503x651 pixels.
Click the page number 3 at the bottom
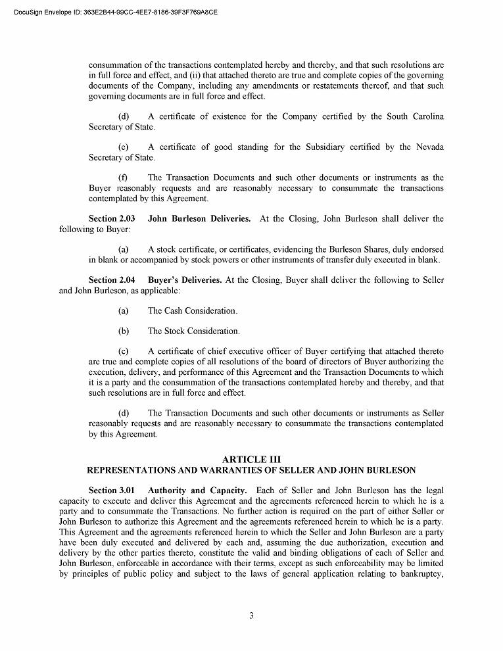click(251, 615)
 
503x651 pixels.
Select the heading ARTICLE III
click(251, 459)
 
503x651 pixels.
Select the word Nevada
click(429, 147)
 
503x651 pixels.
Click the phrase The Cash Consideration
click(193, 310)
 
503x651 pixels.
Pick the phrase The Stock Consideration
click(194, 331)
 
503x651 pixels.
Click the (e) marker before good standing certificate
click(123, 147)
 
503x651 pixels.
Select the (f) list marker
click(123, 178)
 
